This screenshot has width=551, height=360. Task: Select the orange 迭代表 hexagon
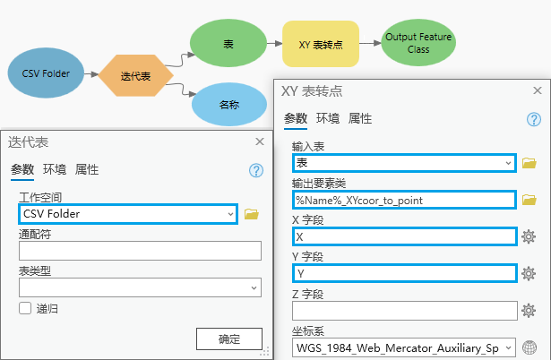tap(135, 76)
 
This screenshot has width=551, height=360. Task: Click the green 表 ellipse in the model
tap(228, 43)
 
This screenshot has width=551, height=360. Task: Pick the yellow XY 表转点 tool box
tap(321, 43)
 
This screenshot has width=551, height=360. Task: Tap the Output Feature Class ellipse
tap(418, 42)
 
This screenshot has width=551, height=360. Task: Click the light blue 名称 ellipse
tap(229, 104)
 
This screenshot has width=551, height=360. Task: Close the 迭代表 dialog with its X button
tap(260, 141)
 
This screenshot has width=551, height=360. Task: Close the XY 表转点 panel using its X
tap(536, 90)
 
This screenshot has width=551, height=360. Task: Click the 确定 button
tap(229, 339)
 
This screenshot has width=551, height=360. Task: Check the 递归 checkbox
tap(25, 308)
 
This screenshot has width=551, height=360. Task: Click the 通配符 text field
tap(139, 251)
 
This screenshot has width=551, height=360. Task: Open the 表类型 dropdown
tap(139, 287)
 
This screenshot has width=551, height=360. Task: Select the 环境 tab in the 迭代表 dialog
tap(55, 169)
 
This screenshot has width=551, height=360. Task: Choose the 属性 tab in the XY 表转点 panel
tap(360, 118)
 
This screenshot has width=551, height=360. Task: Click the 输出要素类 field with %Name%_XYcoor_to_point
tap(404, 200)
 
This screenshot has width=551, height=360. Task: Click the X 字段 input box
tap(404, 236)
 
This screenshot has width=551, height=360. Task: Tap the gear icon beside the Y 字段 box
tap(529, 273)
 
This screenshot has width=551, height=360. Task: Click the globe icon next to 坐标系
tap(529, 347)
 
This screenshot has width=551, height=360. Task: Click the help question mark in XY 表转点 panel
tap(533, 119)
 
